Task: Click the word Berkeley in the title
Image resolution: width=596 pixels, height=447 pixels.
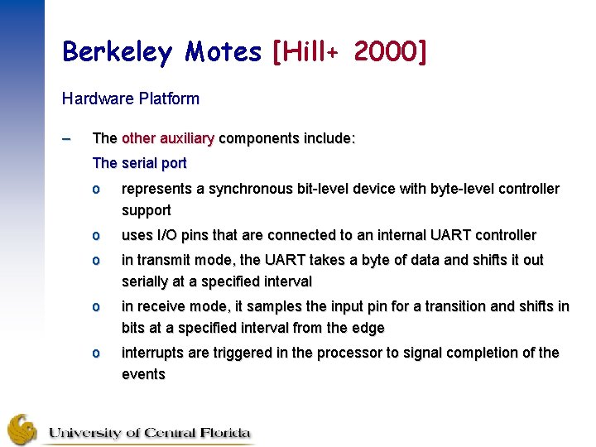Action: (x=116, y=52)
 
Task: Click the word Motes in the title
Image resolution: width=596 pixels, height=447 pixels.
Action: (x=223, y=52)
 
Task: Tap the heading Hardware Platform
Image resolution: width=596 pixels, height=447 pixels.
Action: (x=131, y=99)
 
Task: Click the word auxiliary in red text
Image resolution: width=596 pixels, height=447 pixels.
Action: (x=185, y=138)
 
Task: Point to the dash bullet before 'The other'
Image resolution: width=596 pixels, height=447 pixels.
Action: (x=68, y=138)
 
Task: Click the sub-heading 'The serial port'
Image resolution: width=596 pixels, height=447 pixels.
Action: (x=140, y=163)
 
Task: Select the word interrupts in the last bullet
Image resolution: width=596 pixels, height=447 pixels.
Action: (x=153, y=353)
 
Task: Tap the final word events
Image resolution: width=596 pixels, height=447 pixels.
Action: (x=143, y=374)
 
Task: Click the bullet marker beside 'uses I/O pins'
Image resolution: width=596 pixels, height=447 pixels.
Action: (x=96, y=235)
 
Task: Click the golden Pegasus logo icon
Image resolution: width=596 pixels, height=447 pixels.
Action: (x=23, y=430)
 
